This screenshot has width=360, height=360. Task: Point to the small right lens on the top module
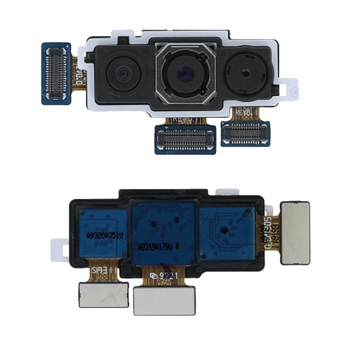244,74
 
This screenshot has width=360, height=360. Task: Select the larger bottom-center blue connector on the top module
185,138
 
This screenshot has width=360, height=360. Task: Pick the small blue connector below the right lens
245,133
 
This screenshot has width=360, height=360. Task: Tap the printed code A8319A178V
156,246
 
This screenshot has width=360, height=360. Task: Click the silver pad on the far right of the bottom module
295,232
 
